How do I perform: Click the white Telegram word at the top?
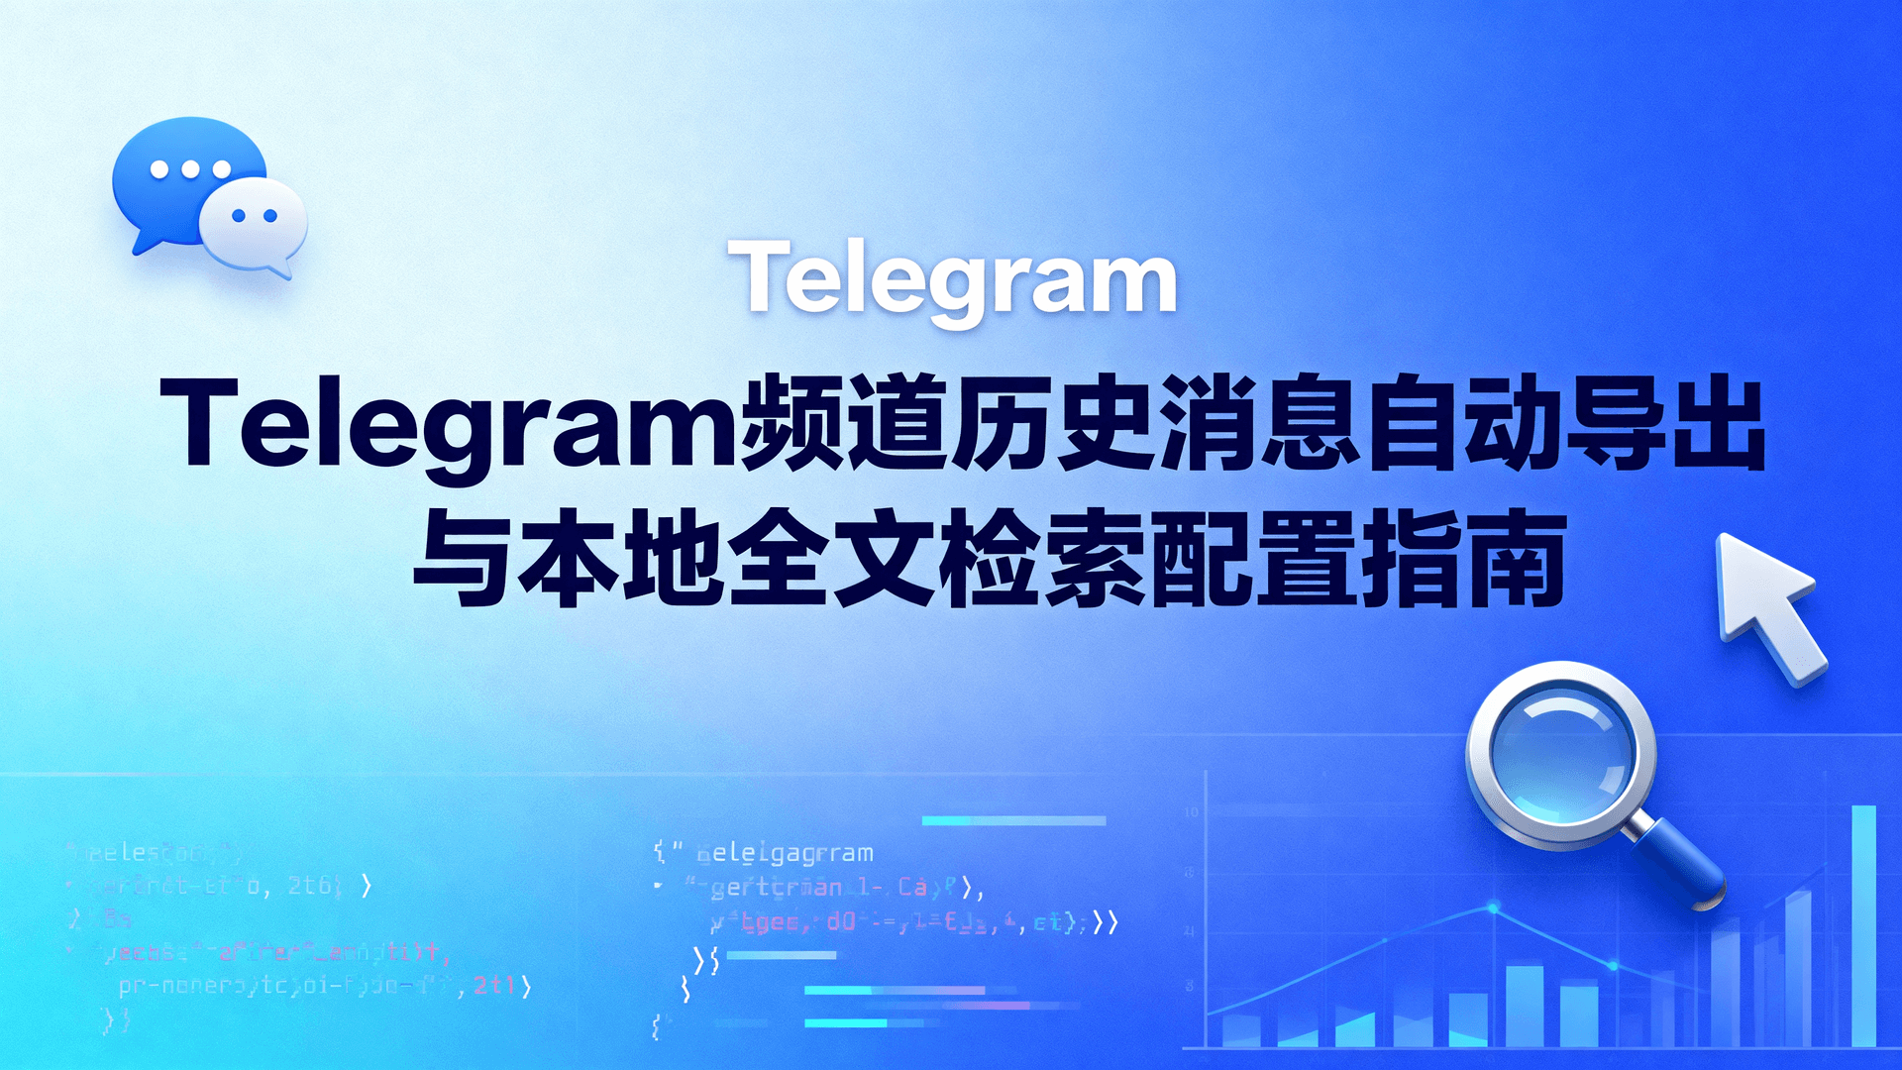952,280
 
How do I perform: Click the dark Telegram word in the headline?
451,424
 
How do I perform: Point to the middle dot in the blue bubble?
190,169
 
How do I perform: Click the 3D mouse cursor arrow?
1768,604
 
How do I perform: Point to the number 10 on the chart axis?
1191,812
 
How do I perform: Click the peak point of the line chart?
1493,908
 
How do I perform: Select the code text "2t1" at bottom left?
494,985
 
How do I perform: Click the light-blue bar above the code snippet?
1013,820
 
